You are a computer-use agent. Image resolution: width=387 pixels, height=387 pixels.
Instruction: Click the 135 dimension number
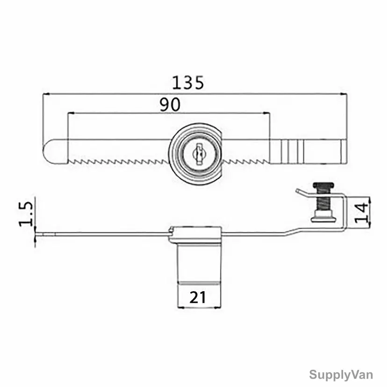click(x=188, y=83)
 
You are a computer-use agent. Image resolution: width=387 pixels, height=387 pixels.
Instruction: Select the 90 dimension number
click(x=170, y=104)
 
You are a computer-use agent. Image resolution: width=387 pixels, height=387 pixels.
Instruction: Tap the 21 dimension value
click(x=198, y=297)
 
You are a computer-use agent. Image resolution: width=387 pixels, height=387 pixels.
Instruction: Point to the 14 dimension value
click(x=361, y=213)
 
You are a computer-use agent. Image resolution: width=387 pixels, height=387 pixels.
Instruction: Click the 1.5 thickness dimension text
click(x=26, y=214)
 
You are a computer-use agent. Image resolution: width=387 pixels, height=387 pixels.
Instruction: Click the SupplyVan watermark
click(x=341, y=375)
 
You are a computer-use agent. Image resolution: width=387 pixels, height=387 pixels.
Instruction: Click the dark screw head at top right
click(x=323, y=185)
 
